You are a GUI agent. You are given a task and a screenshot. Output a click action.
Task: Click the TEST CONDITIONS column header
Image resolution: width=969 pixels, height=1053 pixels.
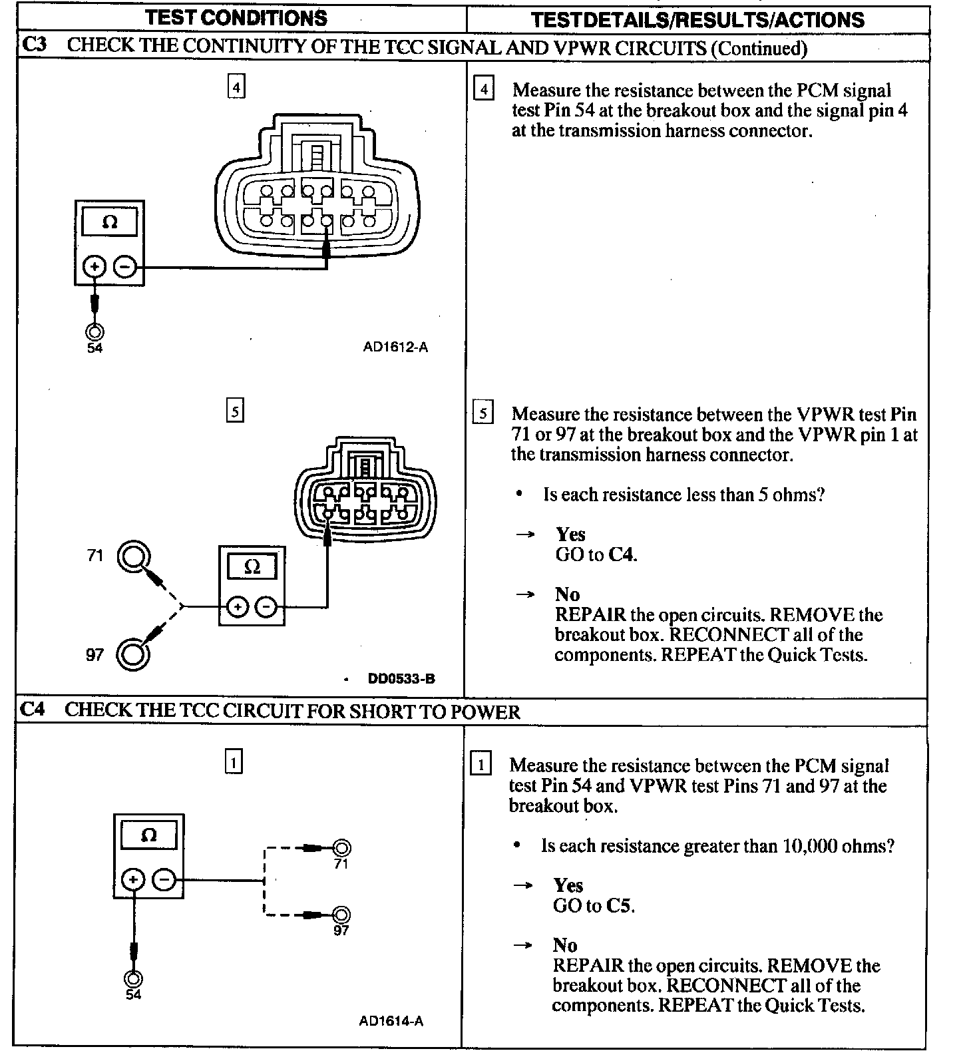[x=236, y=18]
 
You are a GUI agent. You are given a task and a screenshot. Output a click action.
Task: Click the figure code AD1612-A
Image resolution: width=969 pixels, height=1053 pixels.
[x=395, y=347]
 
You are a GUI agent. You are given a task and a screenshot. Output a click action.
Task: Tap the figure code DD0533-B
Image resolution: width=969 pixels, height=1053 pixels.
[x=401, y=679]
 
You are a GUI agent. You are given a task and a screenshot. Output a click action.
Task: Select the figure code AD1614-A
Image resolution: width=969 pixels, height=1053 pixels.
[x=391, y=1021]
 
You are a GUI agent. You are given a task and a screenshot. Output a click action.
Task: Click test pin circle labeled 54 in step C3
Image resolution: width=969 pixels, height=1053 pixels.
[x=95, y=331]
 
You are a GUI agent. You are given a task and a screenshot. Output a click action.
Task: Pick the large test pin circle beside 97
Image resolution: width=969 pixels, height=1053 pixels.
[x=132, y=654]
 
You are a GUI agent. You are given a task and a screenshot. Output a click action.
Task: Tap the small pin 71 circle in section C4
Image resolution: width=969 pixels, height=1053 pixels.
[x=341, y=848]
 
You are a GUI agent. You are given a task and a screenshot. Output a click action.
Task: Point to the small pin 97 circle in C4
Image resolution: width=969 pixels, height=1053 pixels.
[x=341, y=915]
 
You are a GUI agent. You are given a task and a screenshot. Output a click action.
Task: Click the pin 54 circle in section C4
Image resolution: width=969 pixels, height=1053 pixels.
[x=133, y=978]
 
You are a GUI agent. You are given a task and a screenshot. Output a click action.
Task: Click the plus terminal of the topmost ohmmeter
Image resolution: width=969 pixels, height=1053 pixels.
[x=94, y=268]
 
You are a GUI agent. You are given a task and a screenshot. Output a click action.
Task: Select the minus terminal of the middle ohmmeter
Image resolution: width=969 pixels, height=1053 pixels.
[x=266, y=607]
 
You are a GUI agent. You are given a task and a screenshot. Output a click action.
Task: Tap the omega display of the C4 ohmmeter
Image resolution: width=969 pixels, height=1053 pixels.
[x=148, y=835]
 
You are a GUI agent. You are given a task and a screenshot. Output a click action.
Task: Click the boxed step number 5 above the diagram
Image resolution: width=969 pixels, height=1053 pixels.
[x=235, y=411]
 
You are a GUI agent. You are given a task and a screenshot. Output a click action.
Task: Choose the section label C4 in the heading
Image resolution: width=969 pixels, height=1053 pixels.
[x=33, y=710]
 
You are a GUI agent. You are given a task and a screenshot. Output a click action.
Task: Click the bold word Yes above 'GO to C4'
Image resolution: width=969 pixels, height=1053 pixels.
[x=570, y=534]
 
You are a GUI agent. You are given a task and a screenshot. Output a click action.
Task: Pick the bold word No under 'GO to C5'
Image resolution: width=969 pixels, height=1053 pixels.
[x=564, y=945]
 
